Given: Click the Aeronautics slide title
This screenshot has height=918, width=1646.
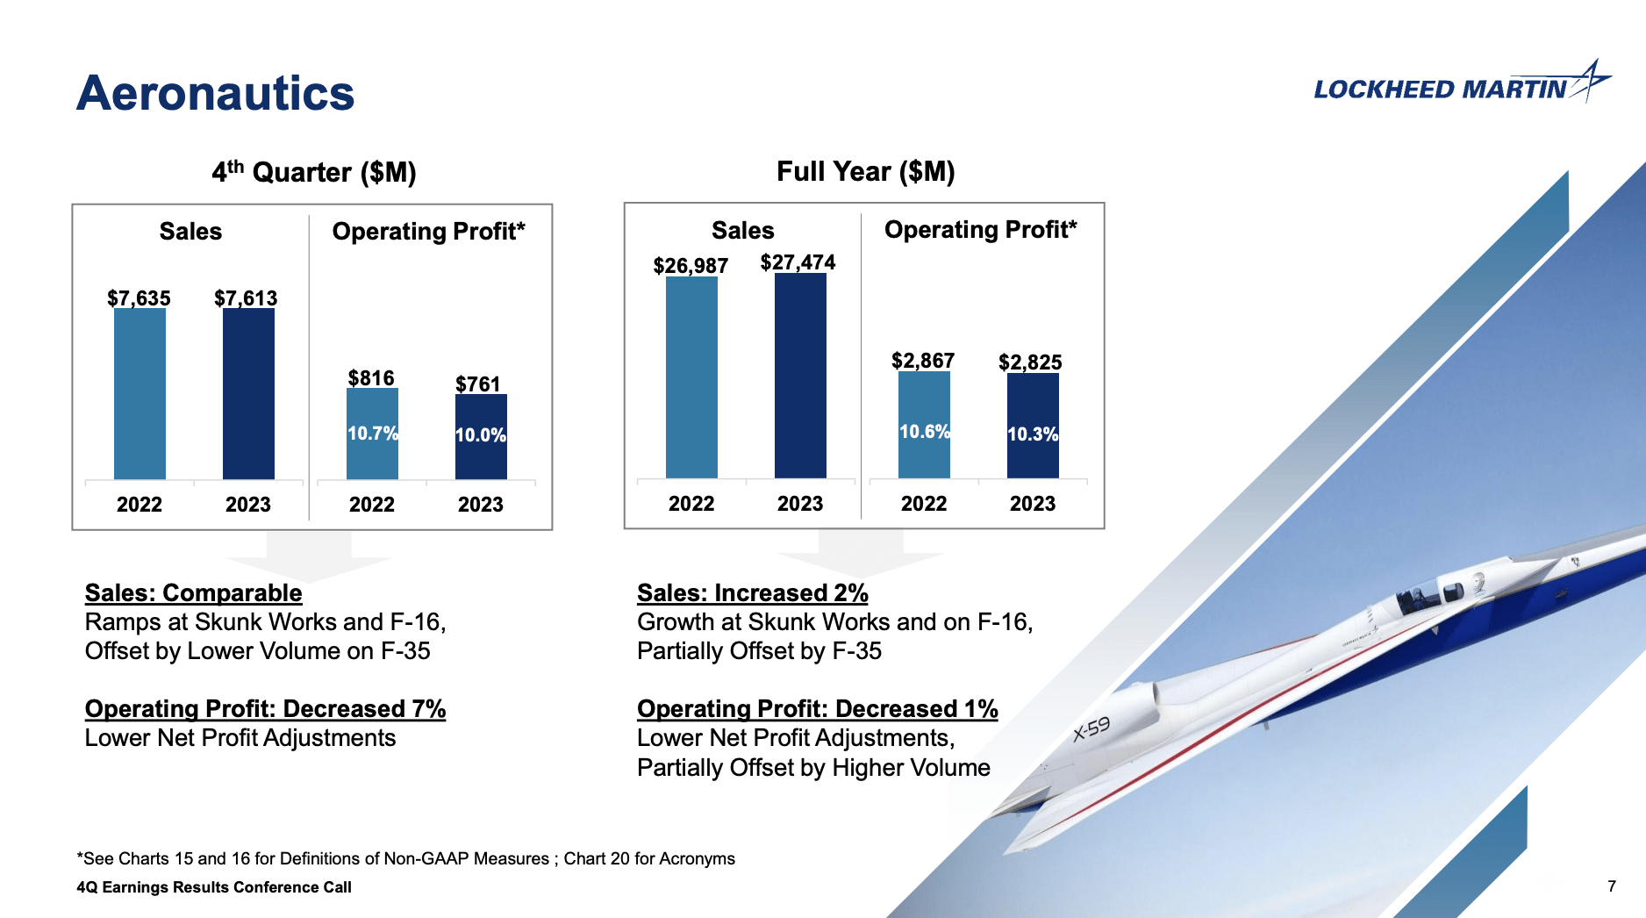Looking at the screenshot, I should (x=215, y=93).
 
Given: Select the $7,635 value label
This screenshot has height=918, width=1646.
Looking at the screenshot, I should (x=139, y=298).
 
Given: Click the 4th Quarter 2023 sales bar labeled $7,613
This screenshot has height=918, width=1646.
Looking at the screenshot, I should (x=248, y=394).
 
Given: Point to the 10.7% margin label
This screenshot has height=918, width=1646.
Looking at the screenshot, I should (x=373, y=433).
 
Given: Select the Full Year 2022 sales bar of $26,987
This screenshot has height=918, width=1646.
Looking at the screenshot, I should (x=691, y=377).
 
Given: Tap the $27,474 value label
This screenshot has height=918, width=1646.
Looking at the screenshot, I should (x=798, y=262).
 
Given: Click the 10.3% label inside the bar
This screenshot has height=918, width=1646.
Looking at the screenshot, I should (x=1033, y=434).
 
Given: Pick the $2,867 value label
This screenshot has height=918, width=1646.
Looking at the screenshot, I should (x=923, y=360).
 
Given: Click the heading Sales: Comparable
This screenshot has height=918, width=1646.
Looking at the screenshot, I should (x=193, y=592).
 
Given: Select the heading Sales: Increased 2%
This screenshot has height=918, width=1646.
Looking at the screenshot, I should (x=752, y=592).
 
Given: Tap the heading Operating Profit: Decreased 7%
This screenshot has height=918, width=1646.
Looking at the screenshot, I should (x=265, y=708).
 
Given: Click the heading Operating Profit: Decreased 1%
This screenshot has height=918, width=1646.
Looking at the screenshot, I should (x=817, y=708).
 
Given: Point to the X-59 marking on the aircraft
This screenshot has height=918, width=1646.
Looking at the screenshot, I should (x=1092, y=728).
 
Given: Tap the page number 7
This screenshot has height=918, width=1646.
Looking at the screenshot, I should (x=1611, y=886).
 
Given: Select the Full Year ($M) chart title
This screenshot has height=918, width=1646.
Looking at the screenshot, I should (x=865, y=170).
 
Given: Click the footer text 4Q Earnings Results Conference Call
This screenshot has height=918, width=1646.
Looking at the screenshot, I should (x=214, y=886).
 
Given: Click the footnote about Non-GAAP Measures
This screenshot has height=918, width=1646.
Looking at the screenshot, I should (x=405, y=858).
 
